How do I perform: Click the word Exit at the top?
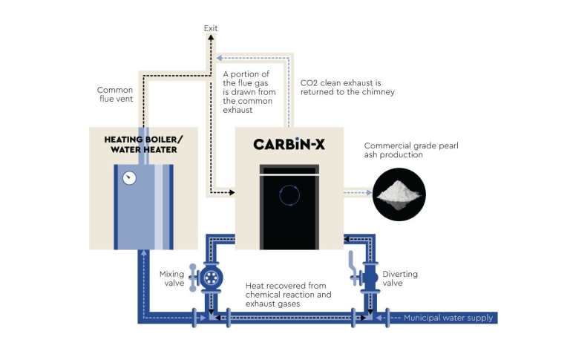pyautogui.click(x=212, y=28)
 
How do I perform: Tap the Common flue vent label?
pyautogui.click(x=115, y=95)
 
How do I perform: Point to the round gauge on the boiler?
pyautogui.click(x=131, y=178)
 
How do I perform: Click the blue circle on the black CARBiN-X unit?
pyautogui.click(x=288, y=194)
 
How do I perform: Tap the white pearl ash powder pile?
pyautogui.click(x=398, y=193)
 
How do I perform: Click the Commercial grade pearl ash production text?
pyautogui.click(x=411, y=151)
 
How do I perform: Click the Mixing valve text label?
pyautogui.click(x=171, y=278)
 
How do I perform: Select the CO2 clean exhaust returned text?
pyautogui.click(x=347, y=88)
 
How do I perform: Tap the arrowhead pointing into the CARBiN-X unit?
pyautogui.click(x=232, y=193)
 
